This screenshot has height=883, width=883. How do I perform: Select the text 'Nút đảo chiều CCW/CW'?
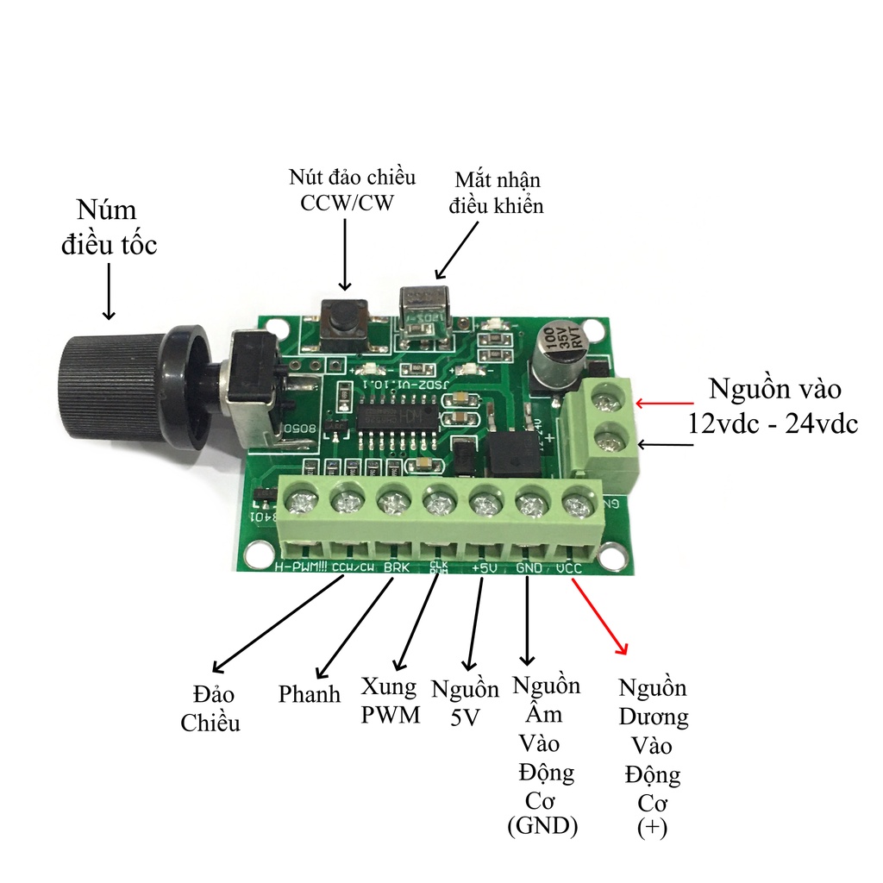tap(352, 189)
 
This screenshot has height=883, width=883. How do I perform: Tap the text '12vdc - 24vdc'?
tap(772, 423)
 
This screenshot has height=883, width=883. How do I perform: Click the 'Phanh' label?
tap(310, 694)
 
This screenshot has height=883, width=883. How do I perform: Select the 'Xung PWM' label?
tap(391, 700)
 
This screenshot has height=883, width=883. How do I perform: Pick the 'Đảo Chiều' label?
tap(210, 708)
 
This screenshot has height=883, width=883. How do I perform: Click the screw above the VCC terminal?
tap(576, 503)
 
